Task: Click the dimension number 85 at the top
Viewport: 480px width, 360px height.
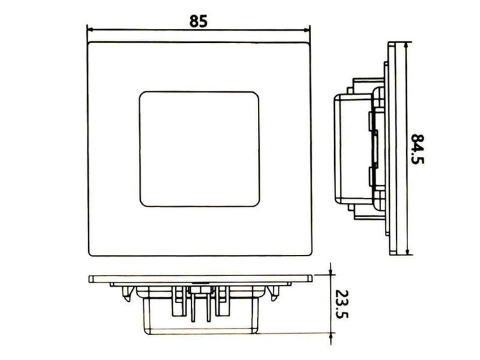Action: [x=198, y=20]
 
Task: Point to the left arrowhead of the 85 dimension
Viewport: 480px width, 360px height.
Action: [x=90, y=29]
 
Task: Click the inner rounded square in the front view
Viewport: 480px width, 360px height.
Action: [x=198, y=148]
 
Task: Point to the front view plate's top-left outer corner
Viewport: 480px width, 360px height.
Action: [x=89, y=43]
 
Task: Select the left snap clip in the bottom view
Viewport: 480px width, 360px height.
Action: [x=128, y=291]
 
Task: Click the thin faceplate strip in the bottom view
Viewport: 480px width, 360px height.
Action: [x=200, y=278]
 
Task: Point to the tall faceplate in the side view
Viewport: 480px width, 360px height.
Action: [x=392, y=148]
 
